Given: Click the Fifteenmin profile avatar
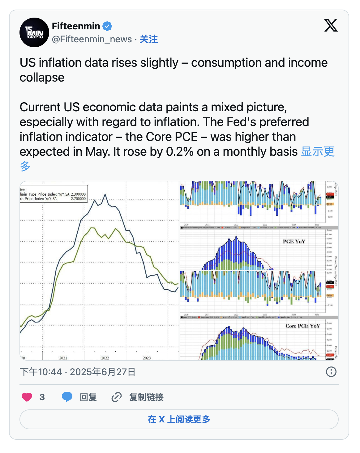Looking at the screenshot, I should (x=34, y=32).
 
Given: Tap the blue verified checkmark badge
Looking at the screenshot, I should (x=107, y=26).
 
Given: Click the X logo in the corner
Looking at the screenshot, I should (x=331, y=25).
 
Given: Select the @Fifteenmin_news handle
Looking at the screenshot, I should (x=92, y=39).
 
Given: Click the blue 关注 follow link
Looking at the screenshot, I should (x=149, y=39).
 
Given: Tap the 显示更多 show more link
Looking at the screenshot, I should (x=318, y=152).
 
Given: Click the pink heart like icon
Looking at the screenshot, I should (x=27, y=397).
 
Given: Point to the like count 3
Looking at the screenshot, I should (x=42, y=397).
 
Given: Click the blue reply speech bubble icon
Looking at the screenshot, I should (x=67, y=397).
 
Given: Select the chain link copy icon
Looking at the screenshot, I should (x=116, y=397).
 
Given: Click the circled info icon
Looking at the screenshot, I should (x=331, y=372).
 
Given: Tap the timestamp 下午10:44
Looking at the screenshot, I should (x=41, y=372).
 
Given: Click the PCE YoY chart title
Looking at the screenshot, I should (x=294, y=241).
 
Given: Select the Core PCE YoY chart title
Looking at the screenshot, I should (x=302, y=326).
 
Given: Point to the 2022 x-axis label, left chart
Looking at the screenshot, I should (x=105, y=358).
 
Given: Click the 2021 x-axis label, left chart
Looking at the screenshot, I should (x=63, y=358).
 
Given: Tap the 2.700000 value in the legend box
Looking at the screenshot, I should (x=78, y=199).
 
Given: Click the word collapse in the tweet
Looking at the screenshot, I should (x=42, y=78).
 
